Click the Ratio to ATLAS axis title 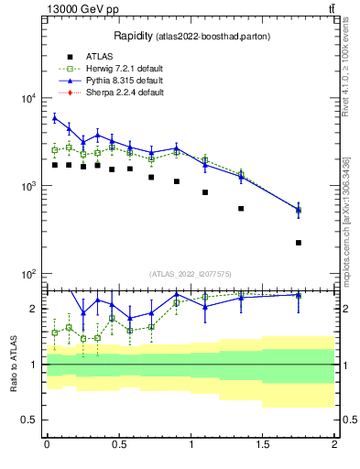(13, 364)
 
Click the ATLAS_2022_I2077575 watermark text (190, 273)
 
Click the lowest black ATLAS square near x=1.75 (299, 243)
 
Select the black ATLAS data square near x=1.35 (241, 209)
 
